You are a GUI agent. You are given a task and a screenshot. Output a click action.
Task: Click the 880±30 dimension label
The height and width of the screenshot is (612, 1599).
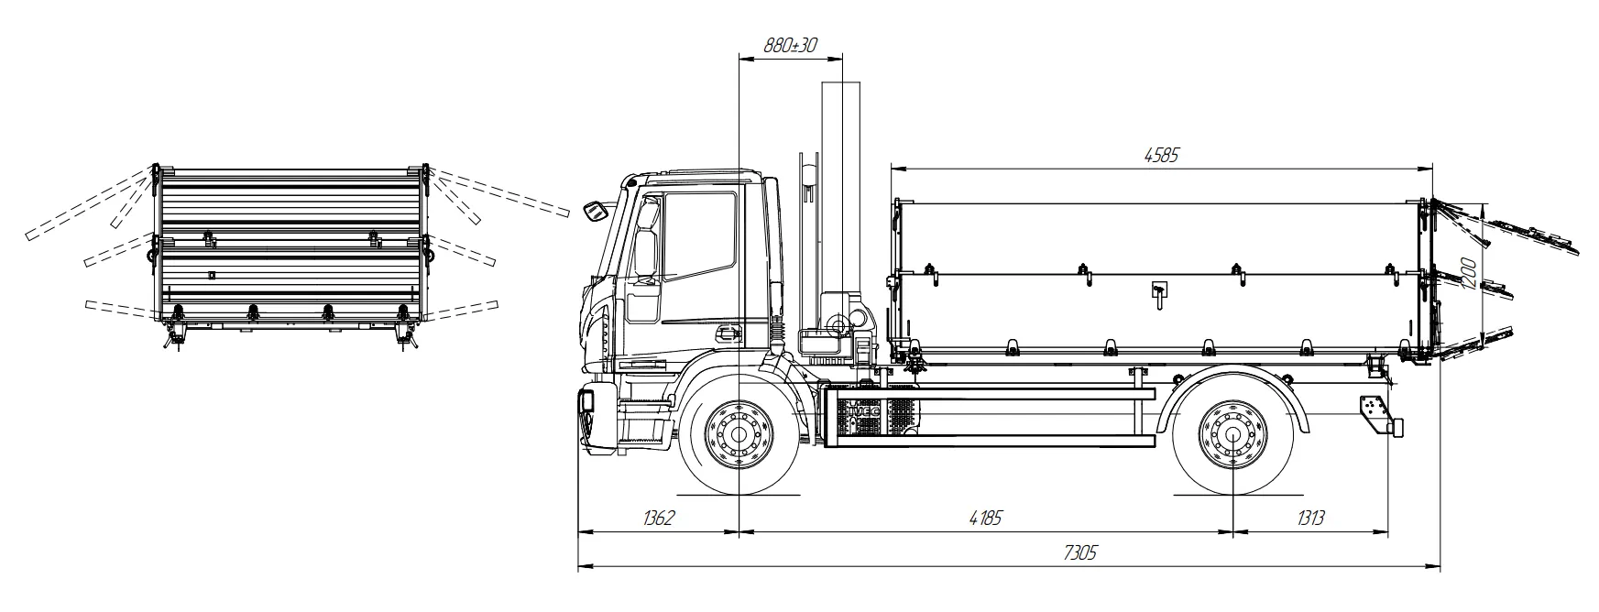click(790, 45)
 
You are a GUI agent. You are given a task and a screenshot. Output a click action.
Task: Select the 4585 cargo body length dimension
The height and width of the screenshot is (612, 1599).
click(1160, 155)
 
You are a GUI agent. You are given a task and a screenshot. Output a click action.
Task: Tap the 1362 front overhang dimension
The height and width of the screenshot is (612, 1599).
click(658, 519)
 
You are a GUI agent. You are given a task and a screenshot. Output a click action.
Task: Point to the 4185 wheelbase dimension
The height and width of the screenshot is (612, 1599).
click(985, 519)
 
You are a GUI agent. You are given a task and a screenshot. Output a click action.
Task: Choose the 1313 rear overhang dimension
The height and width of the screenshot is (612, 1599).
click(1310, 519)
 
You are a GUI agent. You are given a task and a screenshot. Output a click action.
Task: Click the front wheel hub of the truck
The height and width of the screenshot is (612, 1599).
click(739, 432)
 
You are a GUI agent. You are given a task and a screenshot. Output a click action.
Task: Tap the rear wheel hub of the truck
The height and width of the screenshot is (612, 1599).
click(1231, 432)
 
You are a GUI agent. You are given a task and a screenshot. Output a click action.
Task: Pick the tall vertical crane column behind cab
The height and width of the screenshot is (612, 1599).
click(840, 183)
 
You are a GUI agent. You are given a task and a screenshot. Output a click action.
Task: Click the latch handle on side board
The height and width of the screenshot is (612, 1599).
click(1157, 291)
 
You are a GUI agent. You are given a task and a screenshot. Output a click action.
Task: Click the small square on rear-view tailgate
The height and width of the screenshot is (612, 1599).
click(212, 274)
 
